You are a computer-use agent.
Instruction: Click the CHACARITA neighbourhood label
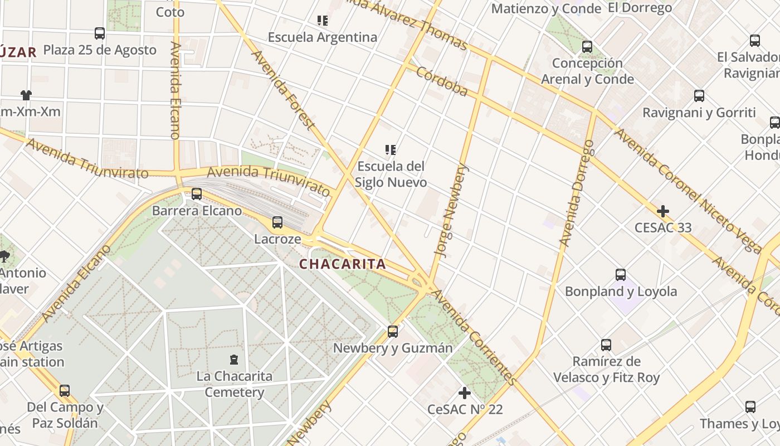click(x=342, y=264)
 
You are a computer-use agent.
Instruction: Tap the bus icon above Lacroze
click(x=277, y=222)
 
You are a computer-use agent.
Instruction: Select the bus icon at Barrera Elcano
click(x=197, y=194)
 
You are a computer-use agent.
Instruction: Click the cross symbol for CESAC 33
click(x=662, y=211)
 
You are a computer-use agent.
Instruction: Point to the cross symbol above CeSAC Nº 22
click(x=464, y=393)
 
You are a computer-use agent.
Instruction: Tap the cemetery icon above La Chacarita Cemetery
click(x=234, y=360)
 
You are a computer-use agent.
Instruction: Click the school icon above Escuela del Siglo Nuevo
click(x=391, y=149)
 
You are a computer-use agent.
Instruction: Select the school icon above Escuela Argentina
click(x=322, y=21)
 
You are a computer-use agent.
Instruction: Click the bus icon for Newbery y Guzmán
click(x=393, y=332)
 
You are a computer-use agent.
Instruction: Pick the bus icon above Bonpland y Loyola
click(x=621, y=275)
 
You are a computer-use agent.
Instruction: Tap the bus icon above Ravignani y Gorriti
click(x=699, y=96)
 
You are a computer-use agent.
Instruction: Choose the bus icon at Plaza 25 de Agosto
click(x=100, y=33)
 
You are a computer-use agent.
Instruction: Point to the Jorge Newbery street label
click(x=452, y=211)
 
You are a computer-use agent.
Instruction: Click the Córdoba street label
click(x=442, y=82)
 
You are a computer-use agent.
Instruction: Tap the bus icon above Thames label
click(x=750, y=407)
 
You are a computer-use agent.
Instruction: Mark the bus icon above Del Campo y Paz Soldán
click(x=65, y=391)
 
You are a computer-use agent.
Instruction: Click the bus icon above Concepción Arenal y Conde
click(x=587, y=47)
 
